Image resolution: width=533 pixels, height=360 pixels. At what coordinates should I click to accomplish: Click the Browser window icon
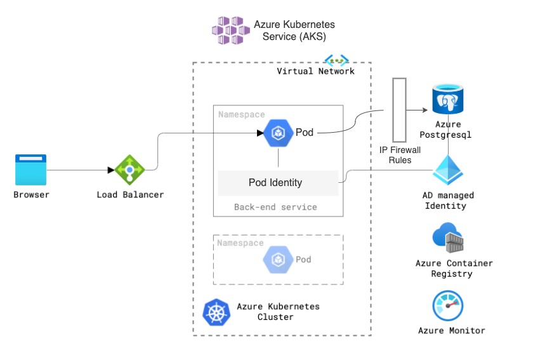click(30, 170)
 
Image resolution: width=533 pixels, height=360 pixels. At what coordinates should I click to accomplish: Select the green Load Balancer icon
click(129, 170)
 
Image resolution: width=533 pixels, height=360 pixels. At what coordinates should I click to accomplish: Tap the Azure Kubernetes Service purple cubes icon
click(229, 30)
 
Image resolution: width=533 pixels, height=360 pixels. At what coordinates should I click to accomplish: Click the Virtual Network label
click(315, 71)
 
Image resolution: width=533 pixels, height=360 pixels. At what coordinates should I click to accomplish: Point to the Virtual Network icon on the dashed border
click(336, 61)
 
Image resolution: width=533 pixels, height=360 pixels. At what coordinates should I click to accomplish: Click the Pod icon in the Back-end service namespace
click(277, 133)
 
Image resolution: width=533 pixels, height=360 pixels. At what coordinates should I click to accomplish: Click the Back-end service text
click(275, 207)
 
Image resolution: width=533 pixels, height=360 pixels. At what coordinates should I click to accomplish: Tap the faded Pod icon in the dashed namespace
click(277, 259)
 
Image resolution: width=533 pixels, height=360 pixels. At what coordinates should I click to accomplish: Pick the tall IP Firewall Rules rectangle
click(399, 110)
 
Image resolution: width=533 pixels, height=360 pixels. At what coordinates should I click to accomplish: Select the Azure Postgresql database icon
click(448, 100)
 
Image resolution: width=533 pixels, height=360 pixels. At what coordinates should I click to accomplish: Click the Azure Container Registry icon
click(448, 237)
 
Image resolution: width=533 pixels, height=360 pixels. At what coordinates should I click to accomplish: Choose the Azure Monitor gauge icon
click(448, 306)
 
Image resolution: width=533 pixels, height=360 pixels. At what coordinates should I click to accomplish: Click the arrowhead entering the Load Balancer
click(110, 170)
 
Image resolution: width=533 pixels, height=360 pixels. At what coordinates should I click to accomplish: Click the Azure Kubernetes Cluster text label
click(278, 312)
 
